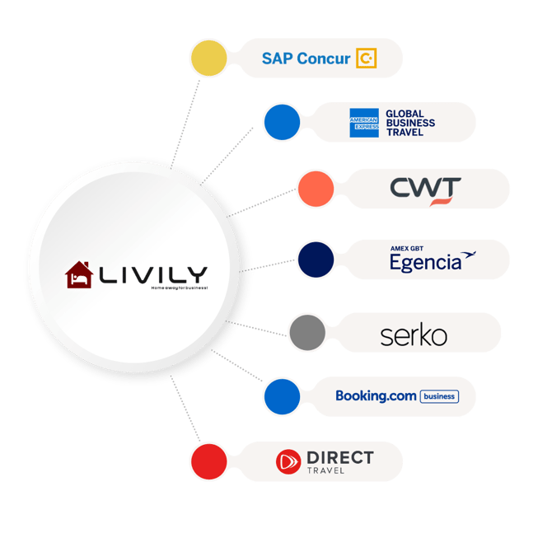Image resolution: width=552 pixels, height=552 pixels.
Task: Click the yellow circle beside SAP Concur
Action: click(x=208, y=58)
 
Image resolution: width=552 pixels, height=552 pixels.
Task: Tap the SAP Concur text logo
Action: click(x=306, y=58)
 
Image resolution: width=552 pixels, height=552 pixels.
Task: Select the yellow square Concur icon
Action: click(x=366, y=58)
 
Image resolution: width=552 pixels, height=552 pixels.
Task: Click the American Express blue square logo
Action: click(x=363, y=123)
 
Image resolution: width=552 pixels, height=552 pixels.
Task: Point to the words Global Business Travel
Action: click(x=409, y=123)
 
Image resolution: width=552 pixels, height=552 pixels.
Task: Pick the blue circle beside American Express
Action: click(x=282, y=122)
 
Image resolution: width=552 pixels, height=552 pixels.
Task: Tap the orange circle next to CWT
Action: click(x=315, y=188)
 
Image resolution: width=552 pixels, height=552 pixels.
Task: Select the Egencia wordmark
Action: click(x=426, y=263)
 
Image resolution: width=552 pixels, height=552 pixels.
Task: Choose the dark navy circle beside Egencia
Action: click(x=315, y=259)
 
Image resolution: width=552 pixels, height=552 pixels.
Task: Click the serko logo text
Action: click(x=414, y=335)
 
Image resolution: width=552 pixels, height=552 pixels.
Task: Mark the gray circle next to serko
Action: click(x=306, y=332)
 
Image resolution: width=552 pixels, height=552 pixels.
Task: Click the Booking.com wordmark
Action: click(x=376, y=396)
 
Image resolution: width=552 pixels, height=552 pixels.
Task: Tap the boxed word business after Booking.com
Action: click(x=438, y=396)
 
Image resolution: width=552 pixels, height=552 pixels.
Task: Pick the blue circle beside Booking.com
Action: click(x=282, y=396)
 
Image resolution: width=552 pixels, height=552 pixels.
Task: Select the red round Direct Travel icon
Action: click(x=289, y=461)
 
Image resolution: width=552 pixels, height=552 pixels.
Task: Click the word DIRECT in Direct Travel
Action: click(x=339, y=457)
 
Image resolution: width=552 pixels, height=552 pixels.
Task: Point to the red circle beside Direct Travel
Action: click(x=208, y=461)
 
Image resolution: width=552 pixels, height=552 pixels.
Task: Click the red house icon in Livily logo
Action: click(x=79, y=275)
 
